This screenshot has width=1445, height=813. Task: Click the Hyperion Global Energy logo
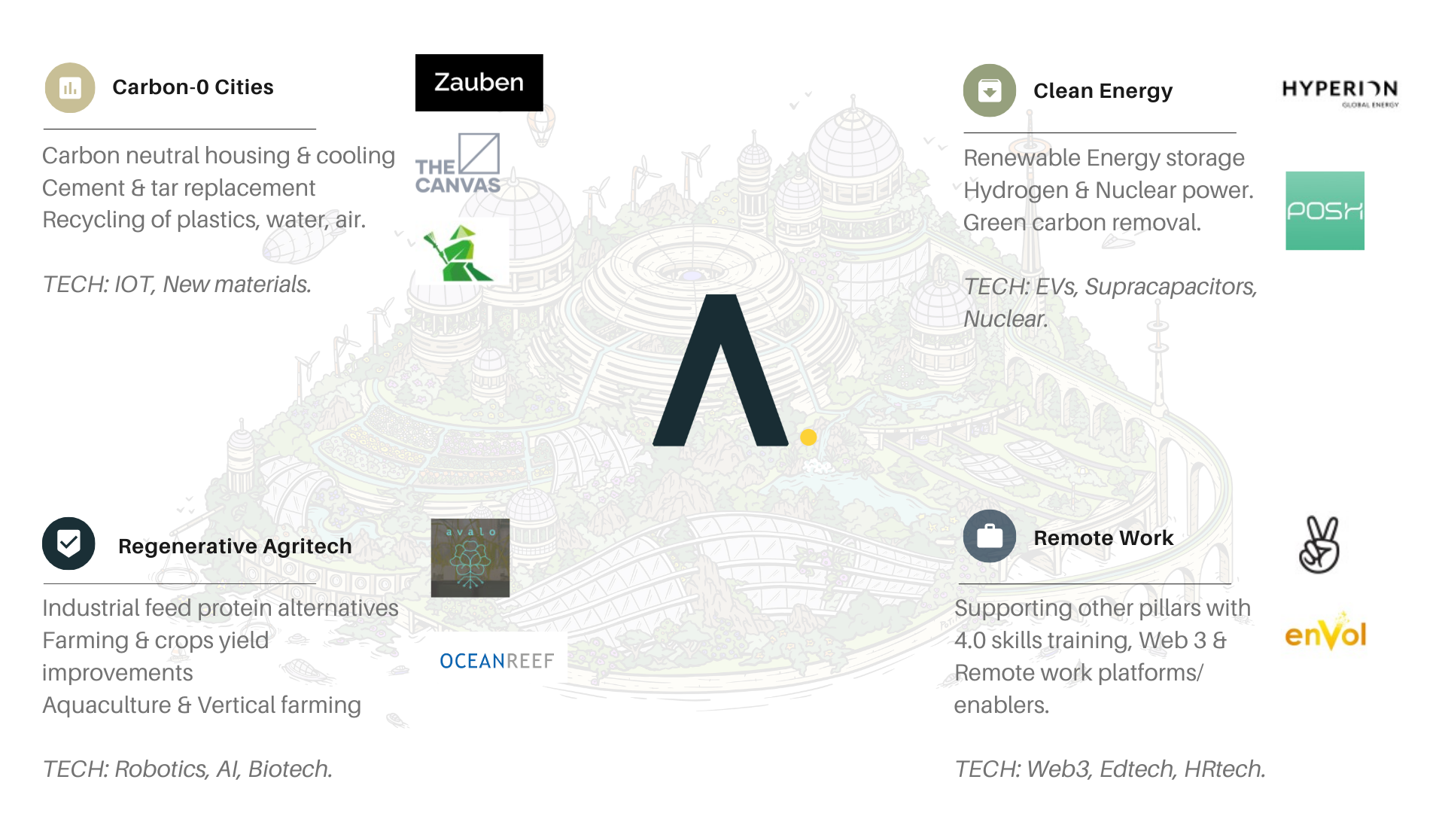[1340, 90]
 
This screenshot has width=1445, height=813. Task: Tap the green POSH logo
[1325, 211]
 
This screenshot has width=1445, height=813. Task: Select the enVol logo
[1325, 634]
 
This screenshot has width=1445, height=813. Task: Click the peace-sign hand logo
[1322, 547]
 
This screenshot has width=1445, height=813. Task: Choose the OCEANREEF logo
[498, 658]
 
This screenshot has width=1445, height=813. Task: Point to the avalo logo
[470, 558]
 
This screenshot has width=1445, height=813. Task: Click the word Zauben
[479, 82]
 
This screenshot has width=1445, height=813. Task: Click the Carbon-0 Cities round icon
[70, 88]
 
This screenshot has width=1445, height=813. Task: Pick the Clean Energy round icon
[989, 91]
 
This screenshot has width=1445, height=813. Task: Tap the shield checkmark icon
[68, 543]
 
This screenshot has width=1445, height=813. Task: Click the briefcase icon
[989, 537]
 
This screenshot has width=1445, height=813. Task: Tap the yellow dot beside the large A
[808, 437]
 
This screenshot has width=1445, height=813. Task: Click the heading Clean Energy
[1103, 91]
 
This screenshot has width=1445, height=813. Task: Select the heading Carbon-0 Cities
[193, 87]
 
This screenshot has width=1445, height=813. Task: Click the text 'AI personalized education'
[203, 780]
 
